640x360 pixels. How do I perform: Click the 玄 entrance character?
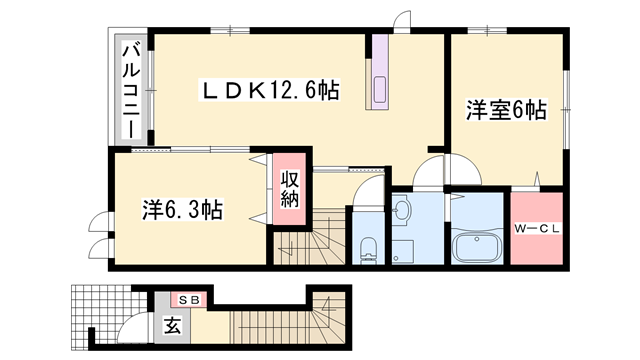pyautogui.click(x=172, y=325)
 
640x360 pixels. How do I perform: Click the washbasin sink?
pyautogui.click(x=402, y=210)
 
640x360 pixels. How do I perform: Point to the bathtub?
pyautogui.click(x=476, y=245)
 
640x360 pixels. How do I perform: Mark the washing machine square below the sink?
pyautogui.click(x=402, y=250)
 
